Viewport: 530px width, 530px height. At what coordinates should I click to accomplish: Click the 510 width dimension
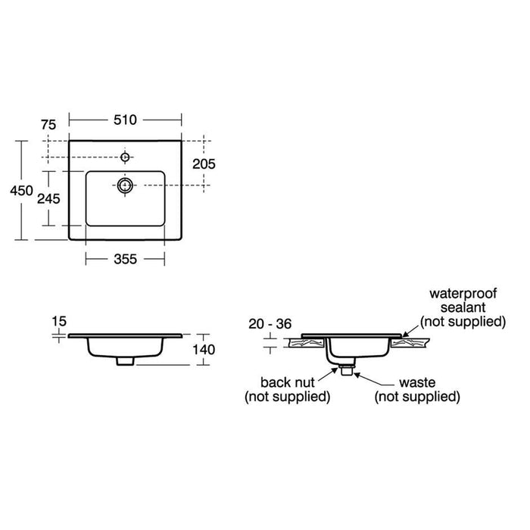pyautogui.click(x=125, y=119)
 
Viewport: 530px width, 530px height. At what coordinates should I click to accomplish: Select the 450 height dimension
pyautogui.click(x=21, y=192)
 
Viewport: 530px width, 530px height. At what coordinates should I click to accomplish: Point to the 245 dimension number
pyautogui.click(x=49, y=198)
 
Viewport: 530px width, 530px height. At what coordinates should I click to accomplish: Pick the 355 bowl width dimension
pyautogui.click(x=125, y=259)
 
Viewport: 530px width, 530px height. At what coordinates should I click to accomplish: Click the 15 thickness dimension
pyautogui.click(x=58, y=321)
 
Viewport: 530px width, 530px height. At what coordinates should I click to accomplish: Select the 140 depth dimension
pyautogui.click(x=205, y=349)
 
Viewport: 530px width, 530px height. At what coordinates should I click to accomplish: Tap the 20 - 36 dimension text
pyautogui.click(x=270, y=324)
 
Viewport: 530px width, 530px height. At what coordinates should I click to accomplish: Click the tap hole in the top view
pyautogui.click(x=126, y=157)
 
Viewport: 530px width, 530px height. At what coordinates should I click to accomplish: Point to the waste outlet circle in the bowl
pyautogui.click(x=126, y=184)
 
